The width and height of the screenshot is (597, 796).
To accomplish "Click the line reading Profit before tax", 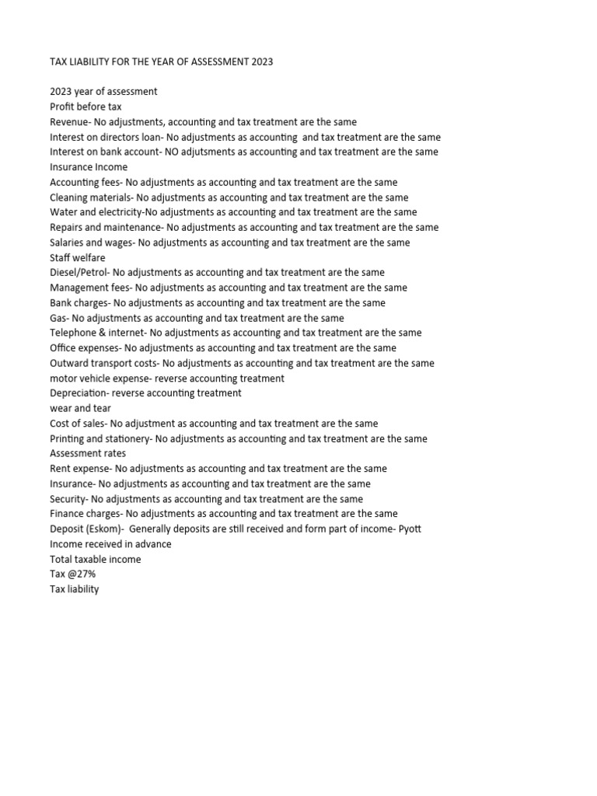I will click(x=86, y=106).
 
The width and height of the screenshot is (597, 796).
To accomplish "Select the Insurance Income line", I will click(x=89, y=167).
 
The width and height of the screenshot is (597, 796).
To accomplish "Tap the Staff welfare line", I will click(x=78, y=257).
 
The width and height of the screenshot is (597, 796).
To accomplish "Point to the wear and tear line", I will click(x=80, y=408).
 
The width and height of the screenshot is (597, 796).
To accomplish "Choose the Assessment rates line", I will click(x=88, y=453).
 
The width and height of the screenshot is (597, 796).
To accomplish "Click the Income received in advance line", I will click(x=110, y=544).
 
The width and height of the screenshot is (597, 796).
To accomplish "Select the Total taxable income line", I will click(x=96, y=560).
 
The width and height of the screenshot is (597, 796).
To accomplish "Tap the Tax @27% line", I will click(x=73, y=574).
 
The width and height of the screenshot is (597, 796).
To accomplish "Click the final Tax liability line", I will click(x=75, y=589).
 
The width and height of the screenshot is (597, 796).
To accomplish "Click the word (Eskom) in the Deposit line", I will click(x=104, y=529).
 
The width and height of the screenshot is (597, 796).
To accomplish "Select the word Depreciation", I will click(x=79, y=393).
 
